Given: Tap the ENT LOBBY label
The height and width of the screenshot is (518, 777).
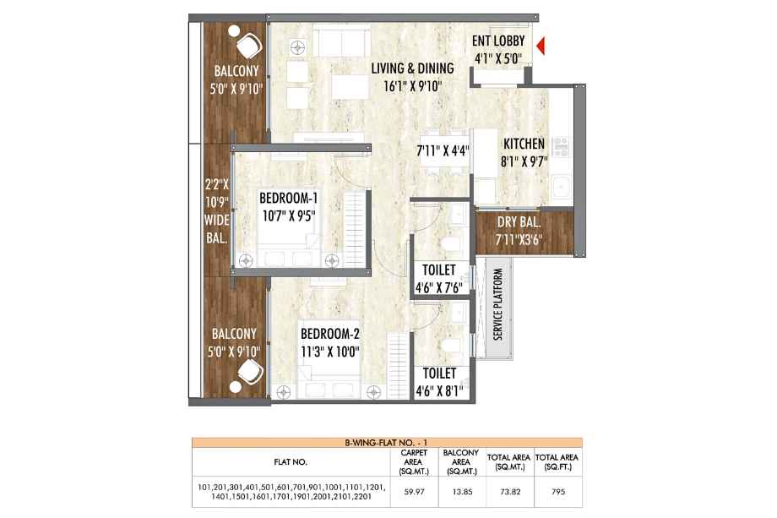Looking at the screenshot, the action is click(x=498, y=41).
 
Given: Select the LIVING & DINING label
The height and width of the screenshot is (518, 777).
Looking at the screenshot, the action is click(x=412, y=68).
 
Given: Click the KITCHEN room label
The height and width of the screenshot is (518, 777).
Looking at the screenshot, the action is click(x=524, y=144).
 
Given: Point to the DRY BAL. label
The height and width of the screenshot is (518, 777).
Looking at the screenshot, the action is click(x=519, y=222).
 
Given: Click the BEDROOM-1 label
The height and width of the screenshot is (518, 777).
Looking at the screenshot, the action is click(x=288, y=199).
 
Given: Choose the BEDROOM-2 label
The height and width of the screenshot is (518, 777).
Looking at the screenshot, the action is click(x=330, y=334).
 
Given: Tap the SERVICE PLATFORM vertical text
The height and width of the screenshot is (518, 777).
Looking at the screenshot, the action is click(x=498, y=304).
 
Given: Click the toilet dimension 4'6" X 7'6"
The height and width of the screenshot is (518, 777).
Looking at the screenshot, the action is click(x=439, y=287).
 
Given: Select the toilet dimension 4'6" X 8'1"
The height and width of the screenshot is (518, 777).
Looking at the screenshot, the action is click(x=439, y=391).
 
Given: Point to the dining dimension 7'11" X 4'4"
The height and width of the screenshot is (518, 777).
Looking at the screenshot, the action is click(x=443, y=150).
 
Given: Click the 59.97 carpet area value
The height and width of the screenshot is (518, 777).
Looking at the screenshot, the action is click(x=415, y=492).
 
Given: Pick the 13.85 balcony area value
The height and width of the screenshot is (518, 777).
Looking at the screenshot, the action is click(x=462, y=492).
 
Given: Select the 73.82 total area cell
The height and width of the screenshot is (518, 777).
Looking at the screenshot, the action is click(x=510, y=492).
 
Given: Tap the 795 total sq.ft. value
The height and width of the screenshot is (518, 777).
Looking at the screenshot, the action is click(x=558, y=492).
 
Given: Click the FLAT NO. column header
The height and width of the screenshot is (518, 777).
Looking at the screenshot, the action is click(x=291, y=462).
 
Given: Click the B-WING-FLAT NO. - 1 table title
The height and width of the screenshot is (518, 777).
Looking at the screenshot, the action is click(x=387, y=443).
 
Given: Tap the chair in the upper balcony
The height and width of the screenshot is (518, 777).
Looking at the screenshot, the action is click(x=249, y=46).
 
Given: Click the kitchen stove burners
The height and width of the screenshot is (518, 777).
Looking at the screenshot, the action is click(x=561, y=147).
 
